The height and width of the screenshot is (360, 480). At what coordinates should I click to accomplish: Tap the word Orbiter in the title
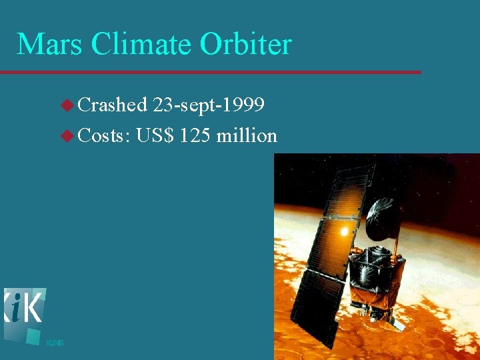pyautogui.click(x=246, y=45)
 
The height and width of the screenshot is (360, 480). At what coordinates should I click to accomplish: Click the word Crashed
pyautogui.click(x=113, y=105)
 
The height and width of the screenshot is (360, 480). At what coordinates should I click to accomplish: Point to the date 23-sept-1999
pyautogui.click(x=209, y=105)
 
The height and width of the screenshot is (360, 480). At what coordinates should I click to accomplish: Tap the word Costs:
pyautogui.click(x=103, y=135)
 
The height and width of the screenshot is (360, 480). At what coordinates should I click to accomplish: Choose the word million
pyautogui.click(x=247, y=135)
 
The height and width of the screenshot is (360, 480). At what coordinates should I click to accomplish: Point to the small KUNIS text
pyautogui.click(x=55, y=343)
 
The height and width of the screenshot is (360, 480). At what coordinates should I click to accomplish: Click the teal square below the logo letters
pyautogui.click(x=33, y=335)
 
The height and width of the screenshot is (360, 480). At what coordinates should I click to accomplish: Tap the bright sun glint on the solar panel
pyautogui.click(x=345, y=231)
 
